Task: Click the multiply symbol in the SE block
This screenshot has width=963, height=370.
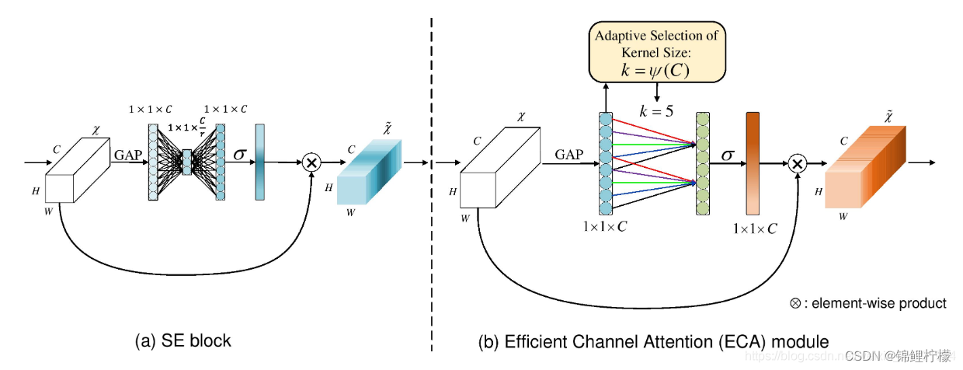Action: coord(311,163)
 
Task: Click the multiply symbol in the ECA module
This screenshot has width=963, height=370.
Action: coord(796,164)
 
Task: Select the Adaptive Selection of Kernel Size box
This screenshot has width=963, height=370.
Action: coord(657,51)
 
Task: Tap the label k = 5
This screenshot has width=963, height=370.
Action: coord(657,110)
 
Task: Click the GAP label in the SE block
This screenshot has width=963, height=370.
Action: coord(128,155)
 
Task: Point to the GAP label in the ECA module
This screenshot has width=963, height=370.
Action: coord(568,155)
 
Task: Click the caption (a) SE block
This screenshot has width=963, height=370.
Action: coord(183,340)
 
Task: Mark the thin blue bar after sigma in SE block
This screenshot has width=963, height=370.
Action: coord(259,162)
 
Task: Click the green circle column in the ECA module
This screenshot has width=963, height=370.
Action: coord(703,162)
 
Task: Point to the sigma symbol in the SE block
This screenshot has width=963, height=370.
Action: coord(241,155)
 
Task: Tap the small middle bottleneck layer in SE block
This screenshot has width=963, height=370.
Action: coord(186,162)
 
